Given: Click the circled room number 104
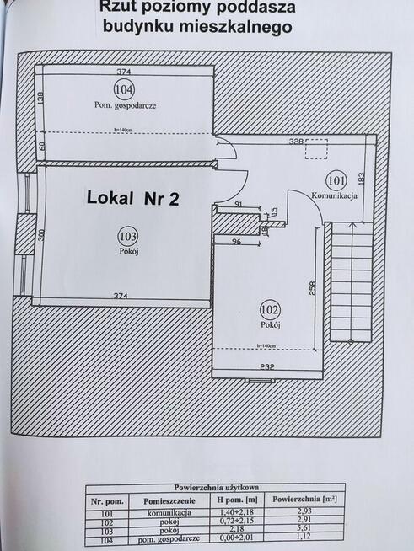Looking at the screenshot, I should [x=124, y=89].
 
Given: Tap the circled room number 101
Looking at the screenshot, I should [x=336, y=179].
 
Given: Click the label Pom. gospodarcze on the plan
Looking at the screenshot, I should [x=126, y=105].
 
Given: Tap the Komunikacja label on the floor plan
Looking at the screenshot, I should [x=336, y=195].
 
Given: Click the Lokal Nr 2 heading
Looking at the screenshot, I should [x=133, y=199].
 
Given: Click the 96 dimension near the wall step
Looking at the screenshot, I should [x=237, y=243].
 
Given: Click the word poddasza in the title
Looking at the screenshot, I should [x=250, y=8].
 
